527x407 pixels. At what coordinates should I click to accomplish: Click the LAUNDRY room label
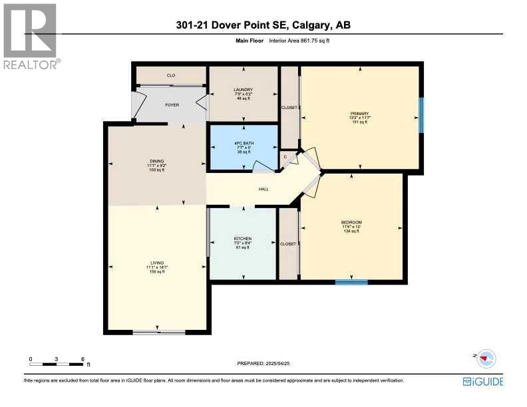click(243, 90)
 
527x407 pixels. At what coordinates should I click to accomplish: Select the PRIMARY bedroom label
click(360, 113)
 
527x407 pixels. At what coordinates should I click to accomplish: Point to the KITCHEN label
click(242, 238)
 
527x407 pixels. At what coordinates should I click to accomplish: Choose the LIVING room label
click(156, 263)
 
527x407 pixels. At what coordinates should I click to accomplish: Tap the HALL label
click(263, 189)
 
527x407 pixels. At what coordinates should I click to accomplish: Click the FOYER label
click(172, 105)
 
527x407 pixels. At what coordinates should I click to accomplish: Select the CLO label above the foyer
click(170, 75)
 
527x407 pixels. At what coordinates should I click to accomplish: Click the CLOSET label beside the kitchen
click(288, 244)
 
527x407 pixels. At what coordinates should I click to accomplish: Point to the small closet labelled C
click(285, 157)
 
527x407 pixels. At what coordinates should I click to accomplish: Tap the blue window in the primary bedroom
click(421, 114)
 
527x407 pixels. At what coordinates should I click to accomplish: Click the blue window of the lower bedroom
click(351, 282)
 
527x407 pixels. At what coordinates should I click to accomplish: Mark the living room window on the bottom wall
click(158, 332)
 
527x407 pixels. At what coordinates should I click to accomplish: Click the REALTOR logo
click(31, 36)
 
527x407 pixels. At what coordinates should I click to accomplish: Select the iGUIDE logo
click(482, 382)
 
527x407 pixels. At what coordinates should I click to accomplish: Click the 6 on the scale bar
click(83, 359)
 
